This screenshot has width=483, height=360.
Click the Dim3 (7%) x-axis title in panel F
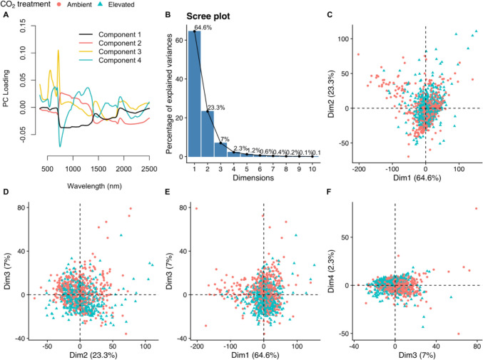(x=415, y=355)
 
